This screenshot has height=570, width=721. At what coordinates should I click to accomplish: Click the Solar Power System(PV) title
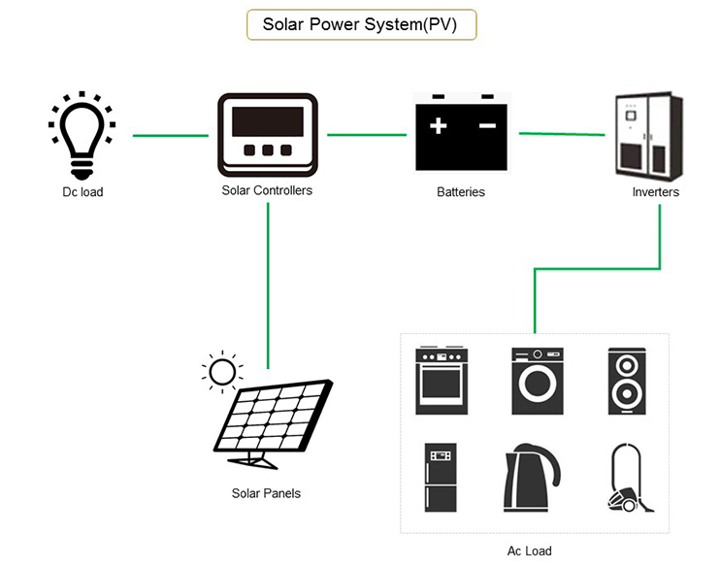pyautogui.click(x=360, y=24)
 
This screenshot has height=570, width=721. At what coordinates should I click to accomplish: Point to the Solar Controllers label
pyautogui.click(x=267, y=190)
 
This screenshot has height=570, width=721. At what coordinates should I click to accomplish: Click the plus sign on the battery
pyautogui.click(x=439, y=126)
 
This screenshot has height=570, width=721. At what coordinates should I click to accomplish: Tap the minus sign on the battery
pyautogui.click(x=487, y=126)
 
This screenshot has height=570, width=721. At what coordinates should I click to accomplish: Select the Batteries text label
pyautogui.click(x=460, y=192)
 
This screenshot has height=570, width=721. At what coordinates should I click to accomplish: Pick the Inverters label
pyautogui.click(x=655, y=192)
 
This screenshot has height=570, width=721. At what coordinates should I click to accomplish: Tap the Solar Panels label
pyautogui.click(x=266, y=493)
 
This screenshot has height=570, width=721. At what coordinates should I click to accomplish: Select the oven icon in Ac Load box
pyautogui.click(x=442, y=381)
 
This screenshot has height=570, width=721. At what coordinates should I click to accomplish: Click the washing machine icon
pyautogui.click(x=537, y=381)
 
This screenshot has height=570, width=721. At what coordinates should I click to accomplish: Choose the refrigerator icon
pyautogui.click(x=441, y=478)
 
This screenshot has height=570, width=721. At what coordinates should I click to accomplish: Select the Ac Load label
pyautogui.click(x=529, y=551)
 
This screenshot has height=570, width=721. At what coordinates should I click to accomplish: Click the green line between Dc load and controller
pyautogui.click(x=170, y=136)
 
